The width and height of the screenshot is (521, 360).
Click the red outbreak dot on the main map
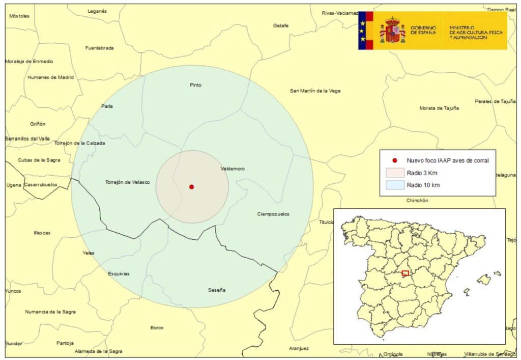point(191,187)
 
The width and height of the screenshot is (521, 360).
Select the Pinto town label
point(195,85)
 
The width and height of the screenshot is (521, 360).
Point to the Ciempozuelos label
point(273,214)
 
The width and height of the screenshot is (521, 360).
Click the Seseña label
point(217,290)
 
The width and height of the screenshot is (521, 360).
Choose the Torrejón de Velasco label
point(127,182)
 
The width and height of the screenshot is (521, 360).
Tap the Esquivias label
point(119,273)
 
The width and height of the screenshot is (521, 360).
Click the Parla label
point(107,106)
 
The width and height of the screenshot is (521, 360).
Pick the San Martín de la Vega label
point(315,91)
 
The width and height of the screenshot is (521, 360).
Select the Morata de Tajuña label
point(439,108)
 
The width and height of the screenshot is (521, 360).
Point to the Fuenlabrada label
point(100,48)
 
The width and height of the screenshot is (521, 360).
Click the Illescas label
point(42,233)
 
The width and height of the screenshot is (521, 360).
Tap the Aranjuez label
point(299,348)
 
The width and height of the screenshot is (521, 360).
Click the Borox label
point(157,327)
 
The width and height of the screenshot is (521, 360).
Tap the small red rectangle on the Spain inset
point(405,273)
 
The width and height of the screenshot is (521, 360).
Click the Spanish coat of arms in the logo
point(392,30)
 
